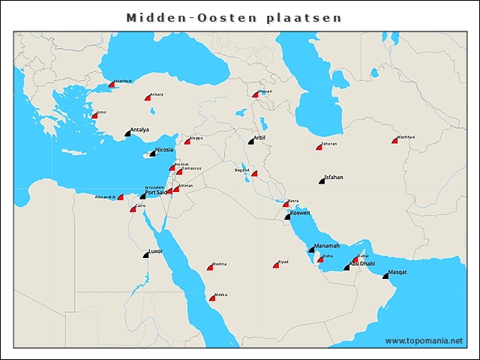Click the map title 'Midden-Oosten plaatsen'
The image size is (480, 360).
click(233, 16)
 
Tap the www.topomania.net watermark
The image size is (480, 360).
click(424, 340)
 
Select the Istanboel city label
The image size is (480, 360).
click(122, 81)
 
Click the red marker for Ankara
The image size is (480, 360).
click(148, 98)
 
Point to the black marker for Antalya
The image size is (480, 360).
click(127, 133)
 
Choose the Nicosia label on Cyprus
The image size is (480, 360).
click(163, 149)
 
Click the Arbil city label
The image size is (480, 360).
click(259, 138)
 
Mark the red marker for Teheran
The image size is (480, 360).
click(318, 148)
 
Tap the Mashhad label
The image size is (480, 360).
click(406, 137)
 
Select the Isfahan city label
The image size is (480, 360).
click(333, 178)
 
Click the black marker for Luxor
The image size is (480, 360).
click(146, 255)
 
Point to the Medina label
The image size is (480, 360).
click(219, 264)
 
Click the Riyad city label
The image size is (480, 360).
click(283, 262)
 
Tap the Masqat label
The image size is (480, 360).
click(397, 272)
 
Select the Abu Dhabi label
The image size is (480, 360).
click(362, 263)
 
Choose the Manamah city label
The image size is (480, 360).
click(326, 245)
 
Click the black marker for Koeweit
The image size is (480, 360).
click(287, 217)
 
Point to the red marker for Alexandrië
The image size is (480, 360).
click(120, 197)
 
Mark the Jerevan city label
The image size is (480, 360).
click(264, 91)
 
